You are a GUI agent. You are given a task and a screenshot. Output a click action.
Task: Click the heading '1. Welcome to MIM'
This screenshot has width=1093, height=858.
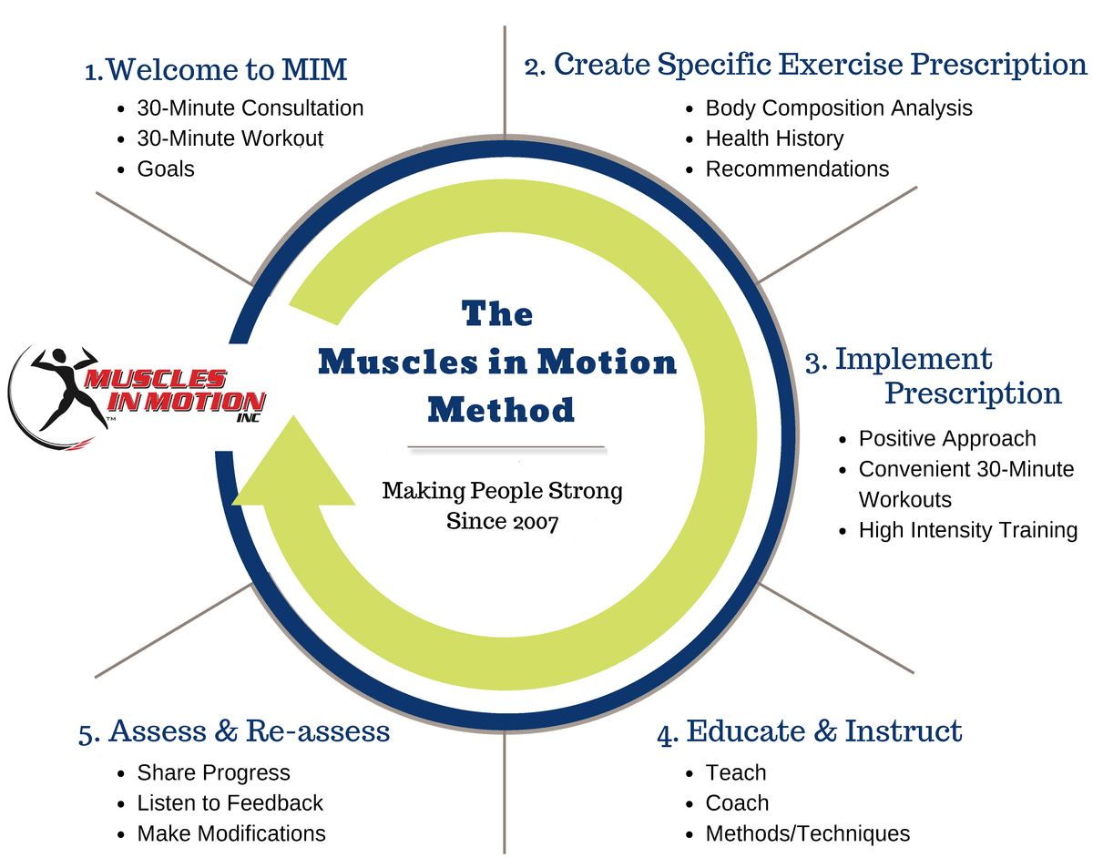(216, 69)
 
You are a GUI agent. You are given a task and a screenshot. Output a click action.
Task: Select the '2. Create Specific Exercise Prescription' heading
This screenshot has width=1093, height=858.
(806, 66)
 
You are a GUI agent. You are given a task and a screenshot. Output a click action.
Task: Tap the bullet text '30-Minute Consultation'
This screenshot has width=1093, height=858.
(250, 108)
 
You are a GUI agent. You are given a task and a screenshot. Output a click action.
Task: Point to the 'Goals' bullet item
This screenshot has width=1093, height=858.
(166, 169)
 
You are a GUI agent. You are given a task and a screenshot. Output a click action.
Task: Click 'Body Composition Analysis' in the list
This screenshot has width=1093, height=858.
(839, 108)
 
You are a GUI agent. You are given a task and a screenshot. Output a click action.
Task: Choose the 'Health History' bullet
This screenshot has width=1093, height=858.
(774, 138)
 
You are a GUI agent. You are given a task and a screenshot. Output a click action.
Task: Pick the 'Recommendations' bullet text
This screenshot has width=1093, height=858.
(797, 169)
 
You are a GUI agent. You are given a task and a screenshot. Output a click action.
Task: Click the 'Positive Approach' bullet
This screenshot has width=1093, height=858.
(947, 438)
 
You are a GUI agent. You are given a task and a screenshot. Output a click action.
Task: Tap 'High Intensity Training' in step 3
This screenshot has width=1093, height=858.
(967, 530)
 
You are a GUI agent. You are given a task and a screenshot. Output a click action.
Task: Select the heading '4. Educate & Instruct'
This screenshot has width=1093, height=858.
(810, 731)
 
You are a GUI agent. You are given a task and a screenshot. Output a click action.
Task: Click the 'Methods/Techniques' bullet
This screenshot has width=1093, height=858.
(807, 833)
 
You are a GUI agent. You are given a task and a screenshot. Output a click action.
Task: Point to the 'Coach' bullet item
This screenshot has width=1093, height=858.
(737, 803)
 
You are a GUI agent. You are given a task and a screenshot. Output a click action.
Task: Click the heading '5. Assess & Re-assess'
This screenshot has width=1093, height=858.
(234, 731)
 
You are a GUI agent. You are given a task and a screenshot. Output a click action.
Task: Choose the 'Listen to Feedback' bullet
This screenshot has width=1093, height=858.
(230, 803)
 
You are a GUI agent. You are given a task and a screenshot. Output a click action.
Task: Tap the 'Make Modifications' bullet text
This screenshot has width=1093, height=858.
(230, 833)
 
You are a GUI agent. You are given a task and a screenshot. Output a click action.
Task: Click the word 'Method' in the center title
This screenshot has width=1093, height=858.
(500, 409)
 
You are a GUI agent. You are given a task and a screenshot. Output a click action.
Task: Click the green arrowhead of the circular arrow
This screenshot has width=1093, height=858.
(293, 468)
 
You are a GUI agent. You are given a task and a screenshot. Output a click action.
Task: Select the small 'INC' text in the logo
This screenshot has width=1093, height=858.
(248, 418)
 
